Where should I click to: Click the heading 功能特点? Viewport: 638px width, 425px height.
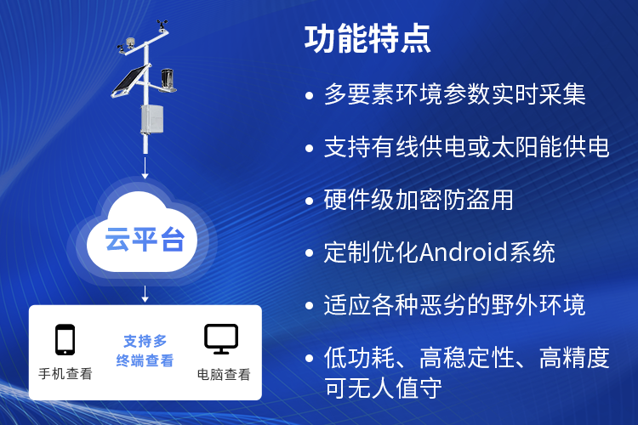tap(367, 39)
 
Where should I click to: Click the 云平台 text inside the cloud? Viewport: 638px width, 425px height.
tap(145, 239)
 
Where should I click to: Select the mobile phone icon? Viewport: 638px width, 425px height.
tap(66, 339)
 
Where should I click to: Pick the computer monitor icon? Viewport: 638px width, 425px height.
tap(221, 339)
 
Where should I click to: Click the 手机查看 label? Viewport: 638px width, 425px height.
tap(66, 374)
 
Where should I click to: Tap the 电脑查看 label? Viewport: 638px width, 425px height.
tap(224, 374)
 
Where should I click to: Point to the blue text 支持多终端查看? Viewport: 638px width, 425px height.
tap(145, 350)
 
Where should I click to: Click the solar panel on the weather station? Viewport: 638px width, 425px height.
tap(129, 81)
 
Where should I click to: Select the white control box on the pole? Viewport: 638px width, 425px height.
tap(152, 119)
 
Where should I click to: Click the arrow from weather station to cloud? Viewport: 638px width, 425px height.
tap(145, 168)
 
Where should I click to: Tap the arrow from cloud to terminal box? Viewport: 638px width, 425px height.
tap(145, 294)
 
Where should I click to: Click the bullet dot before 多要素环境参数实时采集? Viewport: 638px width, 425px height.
tap(310, 95)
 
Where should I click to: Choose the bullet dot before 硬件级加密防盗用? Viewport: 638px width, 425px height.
tap(310, 201)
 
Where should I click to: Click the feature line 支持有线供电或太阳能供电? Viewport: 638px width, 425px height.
tap(466, 146)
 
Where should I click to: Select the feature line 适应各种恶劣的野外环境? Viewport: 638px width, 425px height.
tap(454, 304)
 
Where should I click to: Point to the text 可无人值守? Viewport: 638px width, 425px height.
tap(383, 388)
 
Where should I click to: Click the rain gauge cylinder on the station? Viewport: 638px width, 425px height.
tap(168, 78)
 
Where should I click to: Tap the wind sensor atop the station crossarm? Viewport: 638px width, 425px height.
tap(162, 25)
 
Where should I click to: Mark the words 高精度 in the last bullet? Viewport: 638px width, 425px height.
tap(574, 358)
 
